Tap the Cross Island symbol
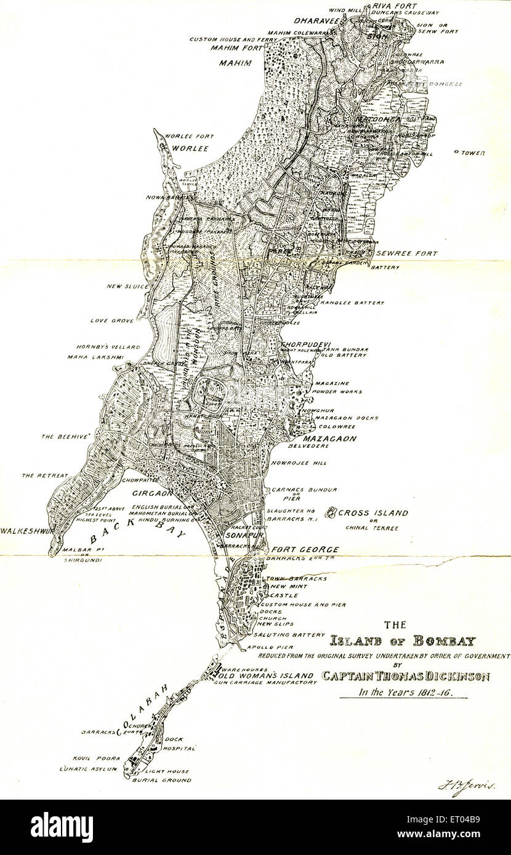click(331, 512)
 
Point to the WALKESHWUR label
click(24, 530)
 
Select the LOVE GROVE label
click(108, 320)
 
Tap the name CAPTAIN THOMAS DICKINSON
click(406, 677)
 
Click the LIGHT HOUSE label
click(167, 771)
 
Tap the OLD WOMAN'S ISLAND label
click(257, 675)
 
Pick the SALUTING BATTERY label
click(289, 634)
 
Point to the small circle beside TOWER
click(456, 151)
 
